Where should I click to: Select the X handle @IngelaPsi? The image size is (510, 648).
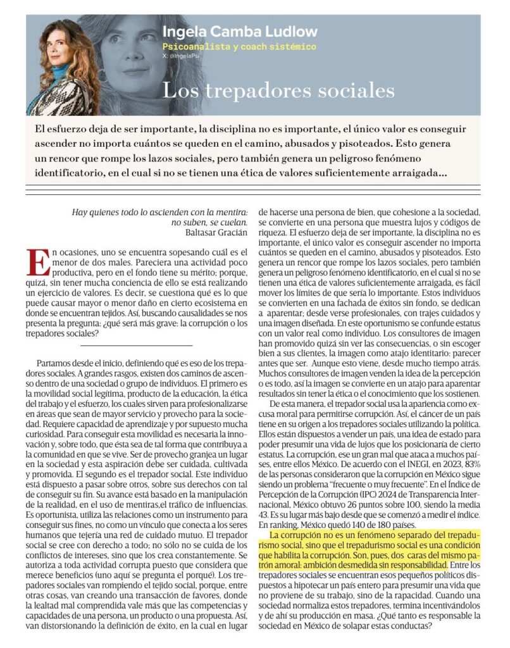(x=180, y=56)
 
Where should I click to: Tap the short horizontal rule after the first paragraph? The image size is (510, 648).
(x=136, y=346)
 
